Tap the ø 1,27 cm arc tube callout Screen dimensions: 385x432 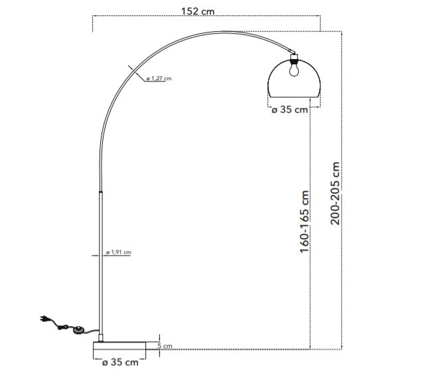(159, 79)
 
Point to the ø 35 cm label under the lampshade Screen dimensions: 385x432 (290, 110)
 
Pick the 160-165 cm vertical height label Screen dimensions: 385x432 (305, 221)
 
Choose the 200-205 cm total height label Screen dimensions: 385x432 (335, 193)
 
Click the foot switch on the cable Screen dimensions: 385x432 (80, 329)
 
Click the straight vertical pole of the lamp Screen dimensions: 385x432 (101, 265)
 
